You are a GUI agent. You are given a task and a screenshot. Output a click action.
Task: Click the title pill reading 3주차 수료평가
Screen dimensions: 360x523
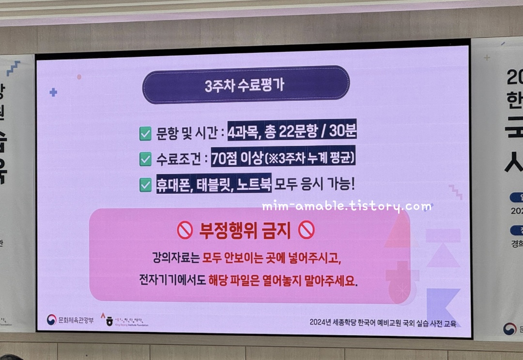point(246,85)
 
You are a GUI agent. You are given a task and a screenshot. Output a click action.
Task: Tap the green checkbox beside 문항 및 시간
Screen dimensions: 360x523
point(145,134)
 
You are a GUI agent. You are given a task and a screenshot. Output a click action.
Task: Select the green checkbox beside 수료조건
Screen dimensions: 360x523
point(145,159)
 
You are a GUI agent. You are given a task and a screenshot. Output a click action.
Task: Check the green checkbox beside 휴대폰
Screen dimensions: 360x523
point(145,185)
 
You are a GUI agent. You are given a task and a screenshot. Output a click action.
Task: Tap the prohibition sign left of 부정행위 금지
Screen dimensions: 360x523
point(185,231)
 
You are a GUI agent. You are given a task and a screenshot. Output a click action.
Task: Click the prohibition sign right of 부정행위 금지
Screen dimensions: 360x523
point(307,231)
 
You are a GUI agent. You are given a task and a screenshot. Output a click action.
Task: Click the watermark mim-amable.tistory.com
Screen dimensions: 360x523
point(346,207)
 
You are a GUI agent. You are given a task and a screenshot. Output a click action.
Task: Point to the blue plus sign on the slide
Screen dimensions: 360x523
point(53,92)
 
